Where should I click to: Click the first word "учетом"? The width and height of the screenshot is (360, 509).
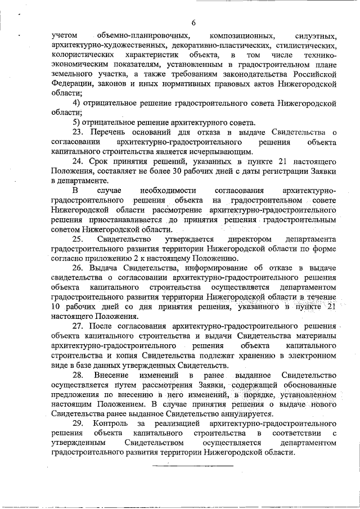pyautogui.click(x=64, y=35)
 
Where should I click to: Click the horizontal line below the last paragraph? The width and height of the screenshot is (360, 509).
pyautogui.click(x=193, y=466)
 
